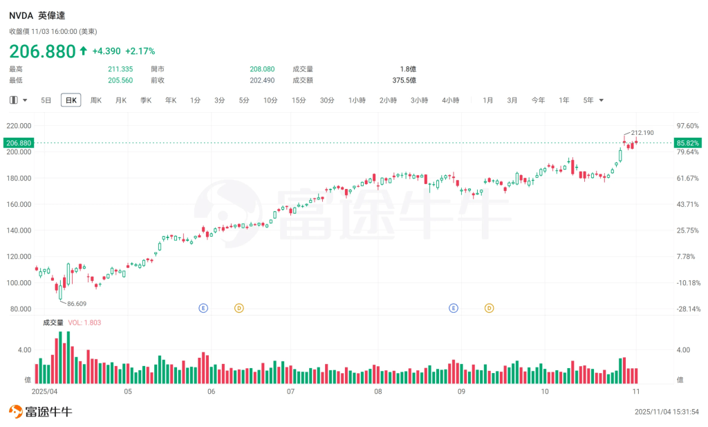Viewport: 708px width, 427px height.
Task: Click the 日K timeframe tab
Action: click(71, 100)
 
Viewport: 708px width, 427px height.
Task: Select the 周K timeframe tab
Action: click(96, 100)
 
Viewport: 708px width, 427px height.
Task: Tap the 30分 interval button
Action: click(327, 100)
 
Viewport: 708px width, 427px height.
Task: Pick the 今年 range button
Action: click(538, 100)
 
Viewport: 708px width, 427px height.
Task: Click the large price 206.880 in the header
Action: click(41, 51)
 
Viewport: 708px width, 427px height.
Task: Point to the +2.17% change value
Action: click(140, 51)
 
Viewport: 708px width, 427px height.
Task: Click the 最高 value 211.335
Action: click(120, 69)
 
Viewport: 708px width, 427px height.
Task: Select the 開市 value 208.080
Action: click(262, 69)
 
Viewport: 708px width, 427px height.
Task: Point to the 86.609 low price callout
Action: click(77, 304)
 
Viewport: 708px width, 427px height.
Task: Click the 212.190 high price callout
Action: click(642, 132)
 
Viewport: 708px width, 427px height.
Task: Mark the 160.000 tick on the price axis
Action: click(19, 204)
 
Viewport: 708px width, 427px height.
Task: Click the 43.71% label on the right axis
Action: click(687, 204)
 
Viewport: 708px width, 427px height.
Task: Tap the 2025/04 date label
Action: click(44, 391)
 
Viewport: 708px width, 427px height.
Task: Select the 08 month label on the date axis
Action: click(378, 391)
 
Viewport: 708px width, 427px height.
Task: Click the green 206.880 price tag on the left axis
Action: click(19, 143)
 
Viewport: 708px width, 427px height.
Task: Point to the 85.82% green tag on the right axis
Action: click(688, 143)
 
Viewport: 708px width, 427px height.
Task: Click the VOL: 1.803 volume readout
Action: click(84, 322)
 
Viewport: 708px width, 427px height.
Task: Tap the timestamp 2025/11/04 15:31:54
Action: click(667, 412)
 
